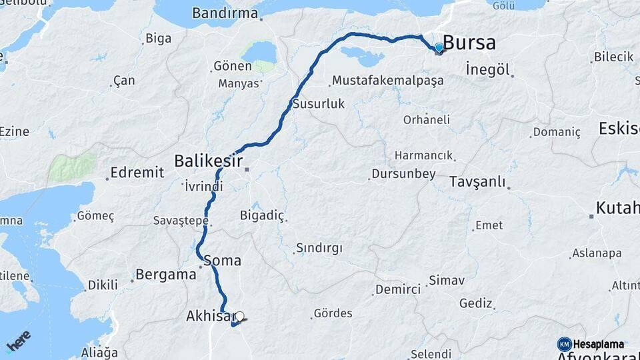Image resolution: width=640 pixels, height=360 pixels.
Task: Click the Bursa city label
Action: [x=469, y=43]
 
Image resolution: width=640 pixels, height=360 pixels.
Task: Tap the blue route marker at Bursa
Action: [x=438, y=47]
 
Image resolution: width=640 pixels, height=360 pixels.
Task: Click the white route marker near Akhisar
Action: [x=239, y=317]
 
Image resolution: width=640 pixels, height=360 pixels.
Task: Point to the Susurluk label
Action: [x=318, y=104]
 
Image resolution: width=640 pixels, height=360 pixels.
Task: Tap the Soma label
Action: [x=223, y=261]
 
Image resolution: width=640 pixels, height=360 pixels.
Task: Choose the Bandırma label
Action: [x=225, y=13]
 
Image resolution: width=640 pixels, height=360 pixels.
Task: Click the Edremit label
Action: [x=137, y=173]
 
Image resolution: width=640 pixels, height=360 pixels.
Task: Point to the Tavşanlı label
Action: [x=477, y=182]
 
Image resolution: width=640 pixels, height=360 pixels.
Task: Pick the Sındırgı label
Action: [x=319, y=249]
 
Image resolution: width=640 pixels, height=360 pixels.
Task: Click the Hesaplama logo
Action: [x=591, y=344]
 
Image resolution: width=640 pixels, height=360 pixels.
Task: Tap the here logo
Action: [x=19, y=340]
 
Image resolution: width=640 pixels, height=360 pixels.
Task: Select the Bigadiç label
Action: [x=262, y=215]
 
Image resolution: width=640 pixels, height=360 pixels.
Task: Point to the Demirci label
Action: [x=398, y=289]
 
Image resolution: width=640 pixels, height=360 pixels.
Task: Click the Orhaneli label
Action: [x=427, y=120]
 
